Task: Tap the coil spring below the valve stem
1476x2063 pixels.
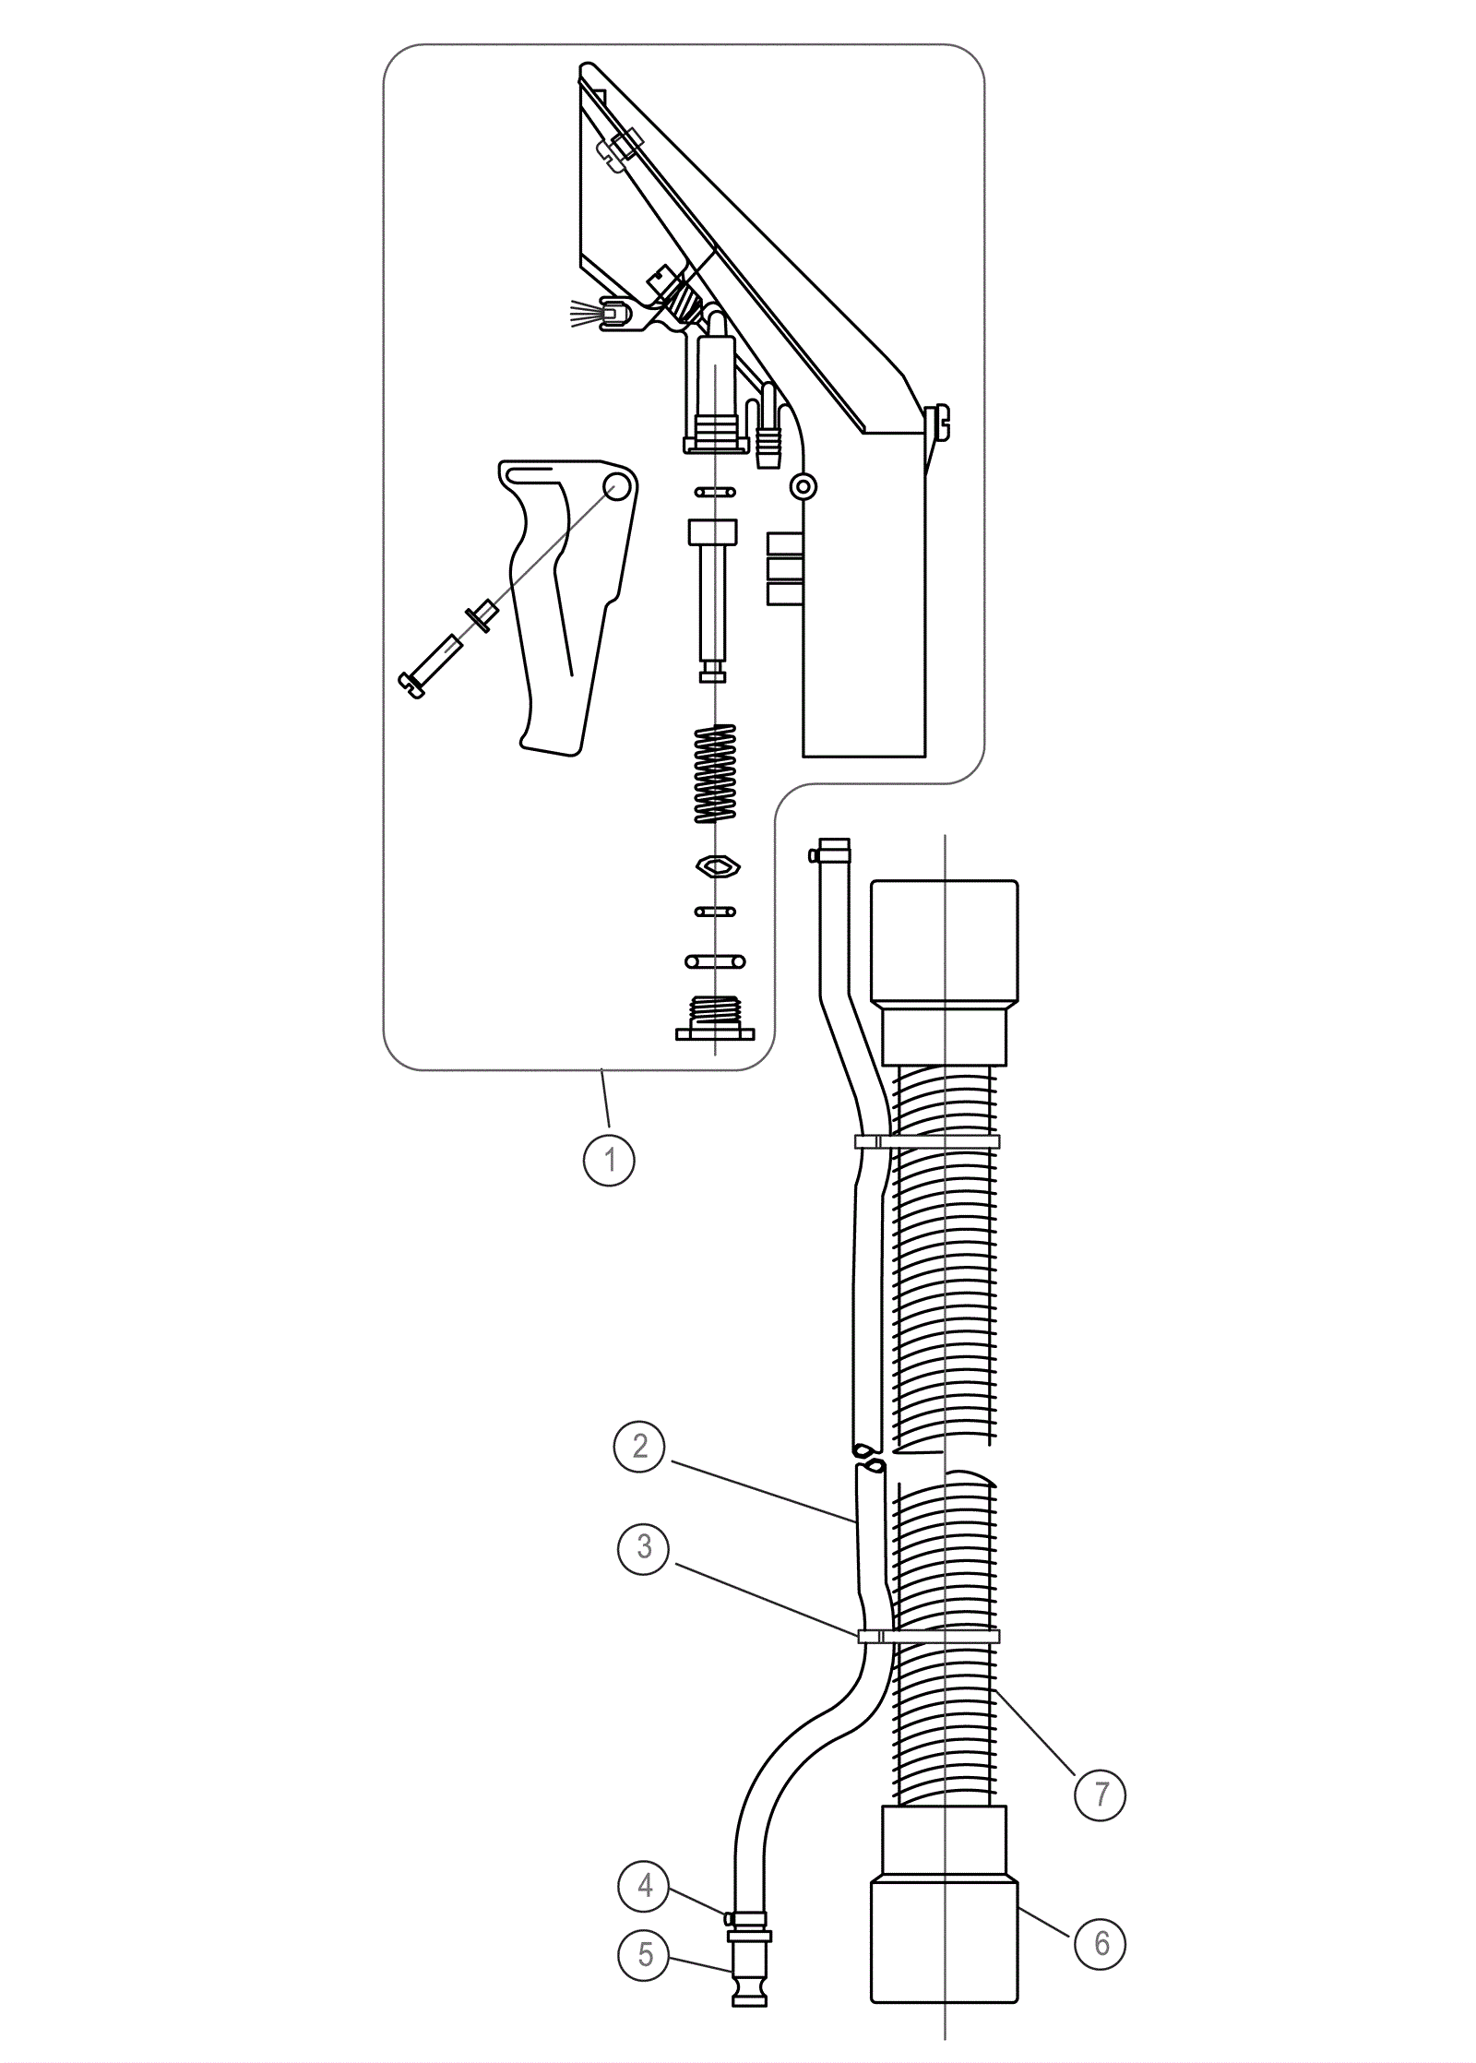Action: tap(715, 772)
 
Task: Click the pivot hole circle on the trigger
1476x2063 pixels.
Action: tap(618, 485)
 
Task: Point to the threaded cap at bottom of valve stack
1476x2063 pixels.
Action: tap(715, 1018)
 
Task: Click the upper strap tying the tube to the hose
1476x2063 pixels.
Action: tap(927, 1141)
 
